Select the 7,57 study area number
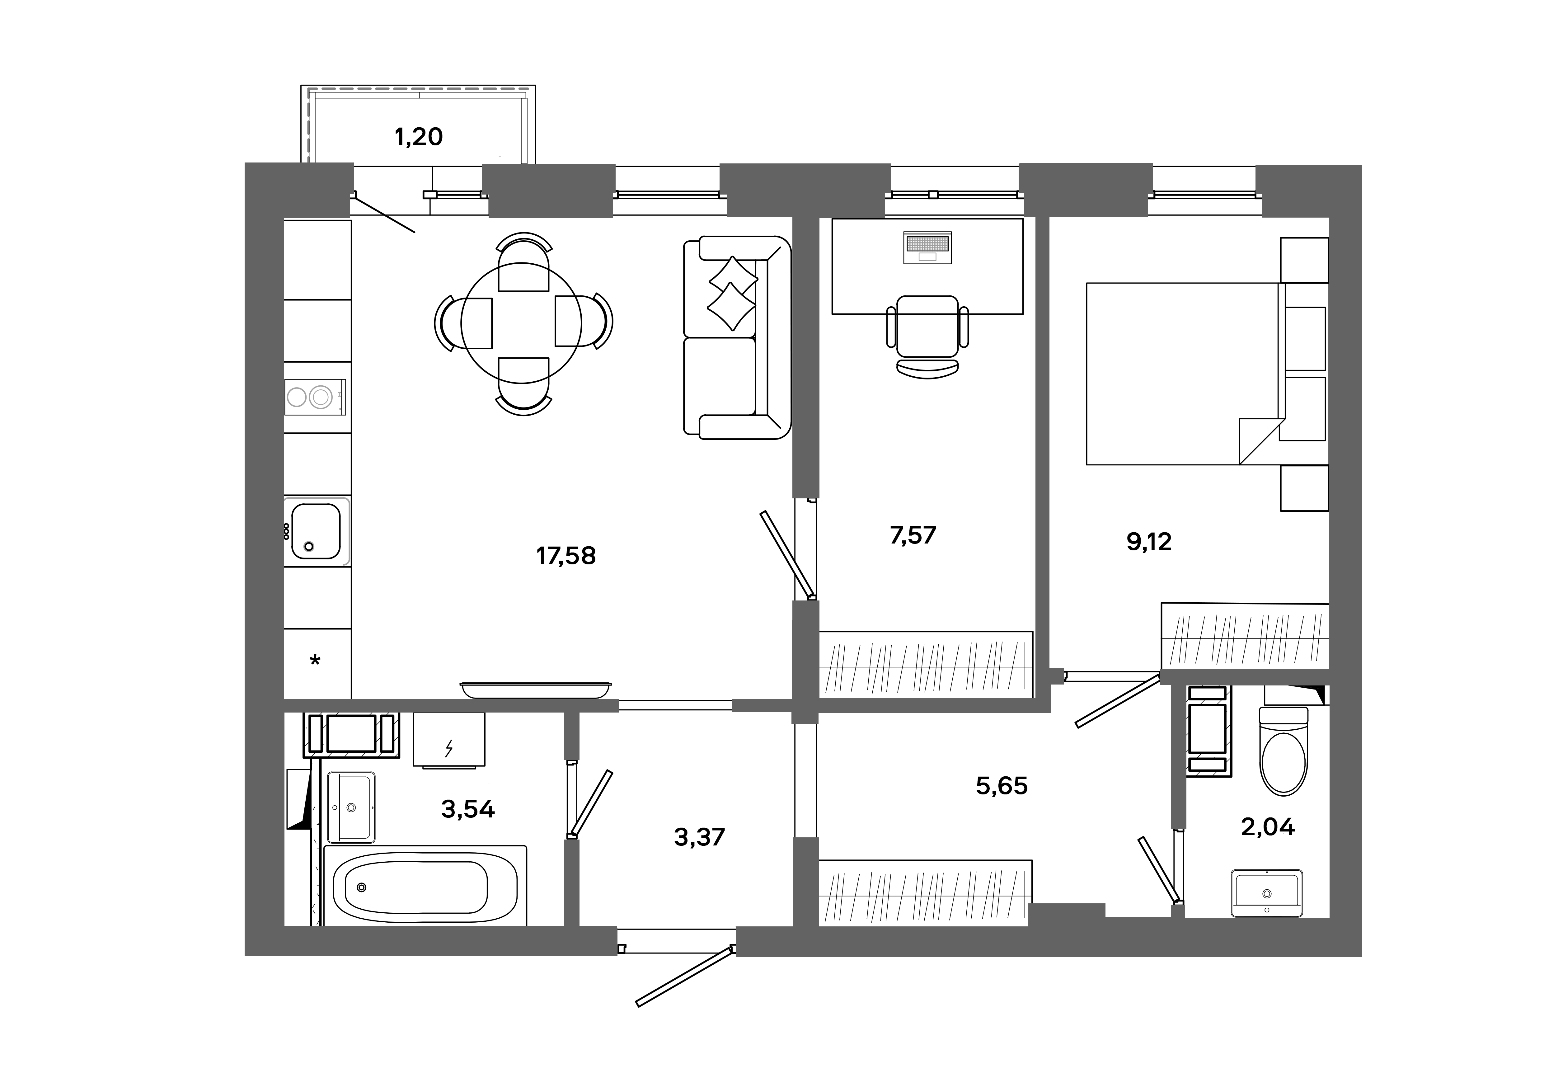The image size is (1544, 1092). [x=913, y=535]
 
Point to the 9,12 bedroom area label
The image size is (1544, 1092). [x=1148, y=541]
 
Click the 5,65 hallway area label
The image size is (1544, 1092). [x=1001, y=785]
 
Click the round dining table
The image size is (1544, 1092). [x=521, y=323]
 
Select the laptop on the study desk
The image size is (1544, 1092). [x=927, y=247]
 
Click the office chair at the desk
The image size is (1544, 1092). [x=927, y=333]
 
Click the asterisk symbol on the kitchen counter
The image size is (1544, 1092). [x=315, y=661]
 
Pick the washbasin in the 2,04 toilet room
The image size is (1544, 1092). [x=1266, y=893]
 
